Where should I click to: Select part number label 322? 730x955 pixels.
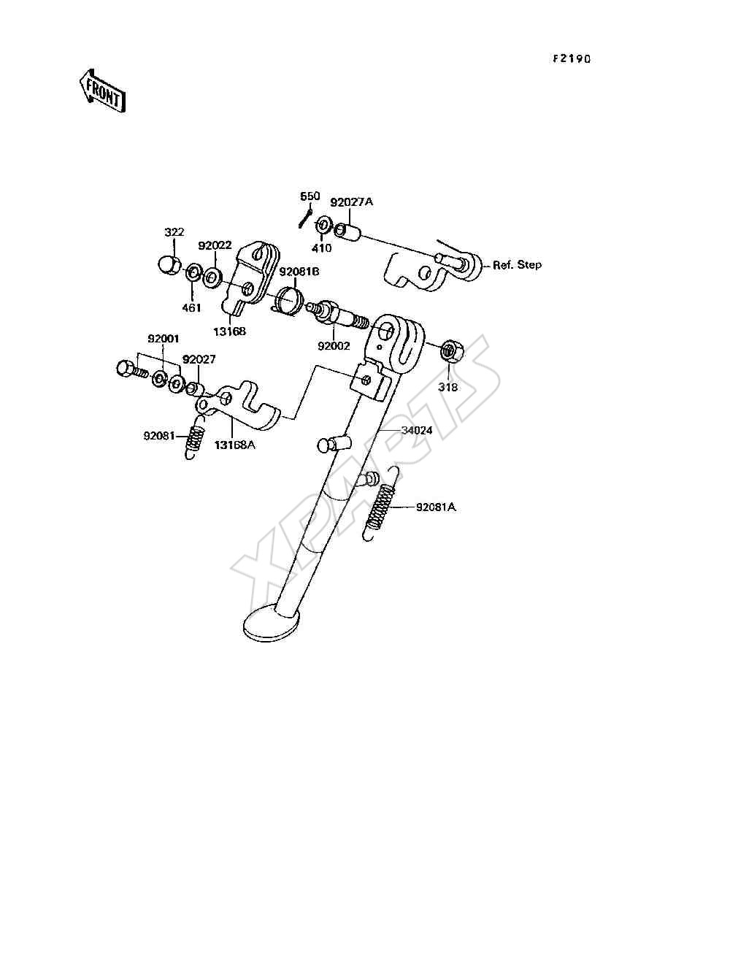coord(174,232)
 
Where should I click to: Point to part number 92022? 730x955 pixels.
coord(215,246)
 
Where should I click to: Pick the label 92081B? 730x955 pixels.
coord(299,272)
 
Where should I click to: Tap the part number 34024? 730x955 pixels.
coord(417,430)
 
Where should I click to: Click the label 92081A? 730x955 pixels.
coord(436,507)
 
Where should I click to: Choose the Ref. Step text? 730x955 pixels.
coord(517,265)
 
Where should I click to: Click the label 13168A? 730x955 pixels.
coord(234,445)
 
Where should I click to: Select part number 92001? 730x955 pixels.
coord(163,339)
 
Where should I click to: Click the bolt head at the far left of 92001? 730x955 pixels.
coord(124,368)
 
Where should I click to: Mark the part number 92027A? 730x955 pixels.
coord(352,202)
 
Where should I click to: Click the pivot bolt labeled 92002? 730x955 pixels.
coord(337,315)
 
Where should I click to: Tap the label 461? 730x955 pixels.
coord(191,308)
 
